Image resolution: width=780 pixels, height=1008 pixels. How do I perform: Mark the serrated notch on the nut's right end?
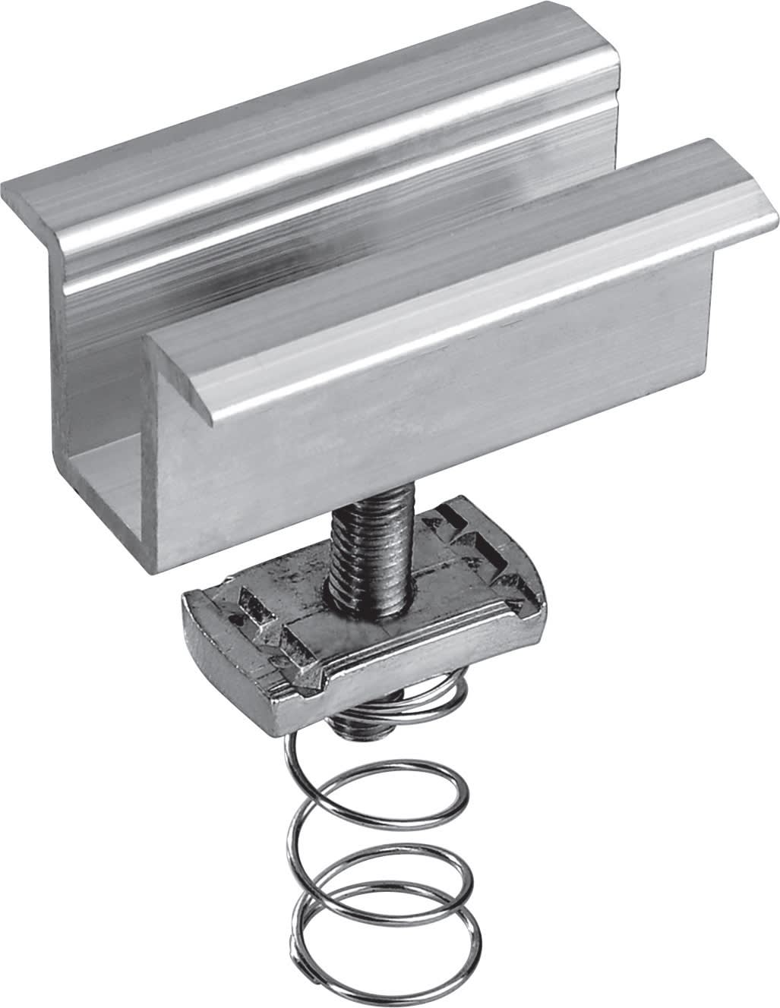(486, 539)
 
